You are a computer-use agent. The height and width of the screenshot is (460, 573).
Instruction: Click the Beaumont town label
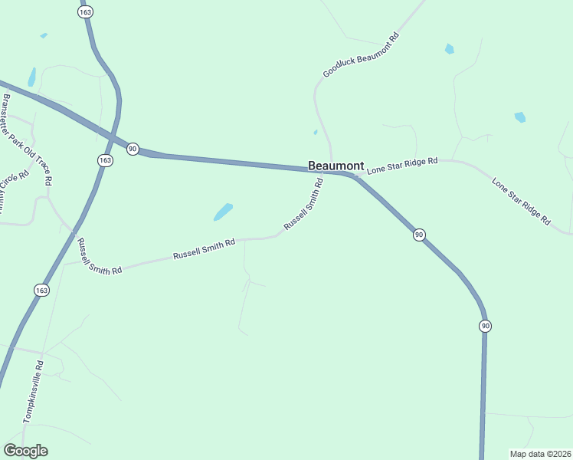point(336,166)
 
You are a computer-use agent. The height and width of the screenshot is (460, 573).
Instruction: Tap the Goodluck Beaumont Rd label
point(361,55)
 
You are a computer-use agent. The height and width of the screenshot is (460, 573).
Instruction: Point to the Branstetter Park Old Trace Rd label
point(28,140)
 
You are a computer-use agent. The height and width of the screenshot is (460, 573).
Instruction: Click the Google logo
point(25,451)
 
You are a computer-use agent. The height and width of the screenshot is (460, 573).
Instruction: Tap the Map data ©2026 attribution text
point(540,453)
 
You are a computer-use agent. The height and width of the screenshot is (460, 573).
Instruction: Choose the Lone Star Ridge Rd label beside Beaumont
point(402,166)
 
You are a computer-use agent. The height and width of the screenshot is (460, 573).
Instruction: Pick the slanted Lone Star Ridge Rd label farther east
point(521,201)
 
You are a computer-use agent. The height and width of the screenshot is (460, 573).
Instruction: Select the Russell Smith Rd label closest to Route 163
point(100,257)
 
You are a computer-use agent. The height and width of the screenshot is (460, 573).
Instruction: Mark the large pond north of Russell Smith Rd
point(223,212)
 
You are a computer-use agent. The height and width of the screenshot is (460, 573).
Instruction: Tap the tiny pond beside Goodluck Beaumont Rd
point(316,132)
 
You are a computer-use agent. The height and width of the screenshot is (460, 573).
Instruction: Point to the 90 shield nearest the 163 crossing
point(133,149)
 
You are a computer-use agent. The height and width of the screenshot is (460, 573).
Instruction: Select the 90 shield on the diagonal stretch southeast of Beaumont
point(419,235)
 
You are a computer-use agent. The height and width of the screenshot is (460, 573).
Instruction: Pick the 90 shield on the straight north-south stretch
point(485,326)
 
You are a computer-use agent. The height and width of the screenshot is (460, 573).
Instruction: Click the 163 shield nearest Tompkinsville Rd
point(41,290)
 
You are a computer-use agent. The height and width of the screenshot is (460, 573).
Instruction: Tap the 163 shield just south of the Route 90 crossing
point(105,160)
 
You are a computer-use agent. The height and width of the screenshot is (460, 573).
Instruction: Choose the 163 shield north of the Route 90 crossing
point(83,12)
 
